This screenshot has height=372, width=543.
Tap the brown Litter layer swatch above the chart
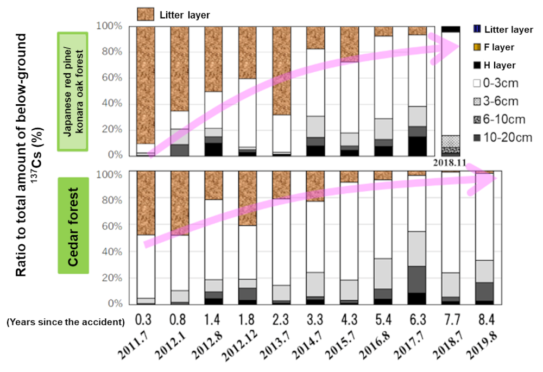(146, 15)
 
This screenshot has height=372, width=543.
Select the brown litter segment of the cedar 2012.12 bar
(248, 198)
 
